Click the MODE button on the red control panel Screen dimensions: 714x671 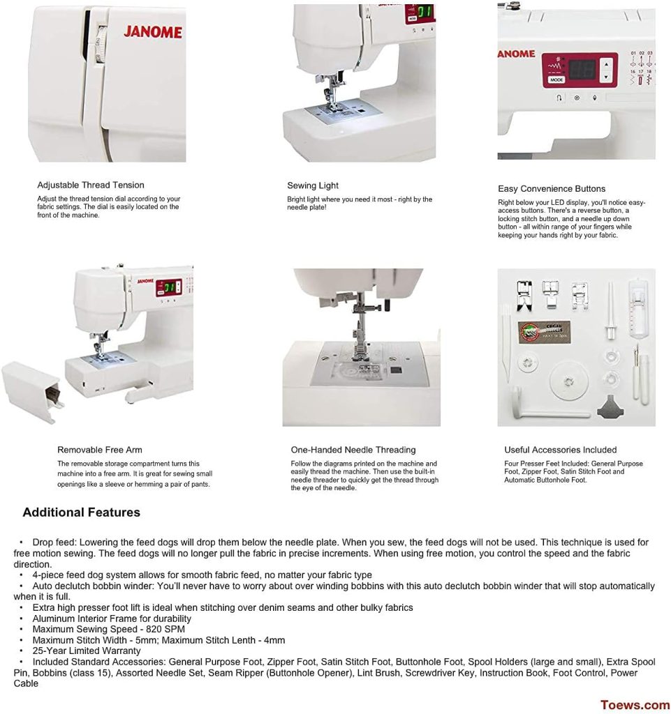[556, 80]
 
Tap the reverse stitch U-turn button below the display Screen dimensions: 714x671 [559, 98]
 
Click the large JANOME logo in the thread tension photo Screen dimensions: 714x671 [153, 32]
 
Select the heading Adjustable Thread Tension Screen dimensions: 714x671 [91, 185]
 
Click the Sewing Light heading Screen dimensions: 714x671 [313, 185]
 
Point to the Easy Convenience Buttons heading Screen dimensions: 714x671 [552, 188]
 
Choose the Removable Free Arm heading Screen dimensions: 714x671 [100, 450]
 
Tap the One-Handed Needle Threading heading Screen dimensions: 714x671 [353, 450]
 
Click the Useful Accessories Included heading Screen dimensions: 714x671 [561, 450]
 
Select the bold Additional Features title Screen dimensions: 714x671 [81, 512]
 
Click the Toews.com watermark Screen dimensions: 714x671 [635, 705]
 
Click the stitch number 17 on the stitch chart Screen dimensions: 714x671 [641, 71]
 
